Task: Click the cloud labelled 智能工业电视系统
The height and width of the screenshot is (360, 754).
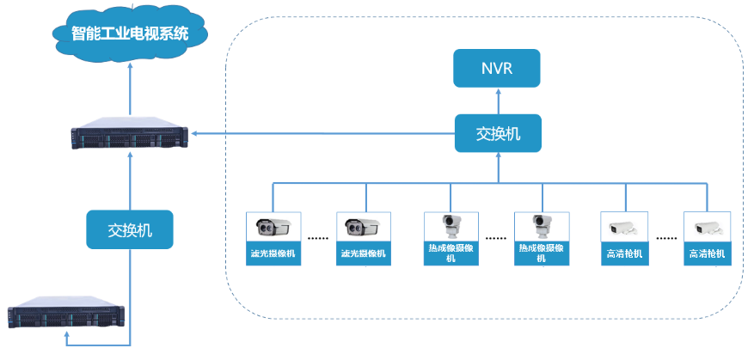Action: click(x=129, y=34)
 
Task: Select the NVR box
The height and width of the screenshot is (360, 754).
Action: click(x=498, y=68)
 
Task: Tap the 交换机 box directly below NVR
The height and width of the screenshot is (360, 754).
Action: click(x=498, y=134)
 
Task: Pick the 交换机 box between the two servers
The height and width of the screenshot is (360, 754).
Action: click(x=129, y=230)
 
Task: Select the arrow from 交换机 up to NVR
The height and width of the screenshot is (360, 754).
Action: click(x=498, y=101)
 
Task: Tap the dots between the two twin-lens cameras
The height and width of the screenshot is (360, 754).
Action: click(x=318, y=237)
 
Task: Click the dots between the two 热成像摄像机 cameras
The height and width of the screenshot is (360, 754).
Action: click(x=496, y=237)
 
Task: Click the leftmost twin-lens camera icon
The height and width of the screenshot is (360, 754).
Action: click(x=273, y=228)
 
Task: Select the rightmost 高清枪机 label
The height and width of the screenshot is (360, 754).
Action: click(x=707, y=253)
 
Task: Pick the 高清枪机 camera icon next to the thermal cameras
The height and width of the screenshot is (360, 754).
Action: click(x=622, y=229)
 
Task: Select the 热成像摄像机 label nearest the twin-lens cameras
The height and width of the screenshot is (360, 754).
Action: click(x=451, y=253)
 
